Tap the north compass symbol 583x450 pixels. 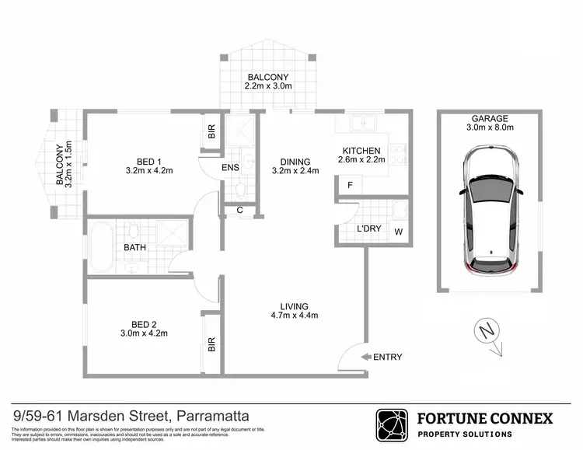487,332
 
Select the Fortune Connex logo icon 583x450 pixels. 392,425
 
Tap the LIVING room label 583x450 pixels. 295,310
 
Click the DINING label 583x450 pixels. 295,165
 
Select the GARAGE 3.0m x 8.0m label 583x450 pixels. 490,124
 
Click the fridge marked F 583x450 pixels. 351,186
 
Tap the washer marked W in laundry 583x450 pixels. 399,232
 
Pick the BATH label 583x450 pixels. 135,249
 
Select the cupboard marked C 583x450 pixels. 239,210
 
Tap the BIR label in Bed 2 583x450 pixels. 211,344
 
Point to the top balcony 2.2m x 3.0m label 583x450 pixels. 268,82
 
